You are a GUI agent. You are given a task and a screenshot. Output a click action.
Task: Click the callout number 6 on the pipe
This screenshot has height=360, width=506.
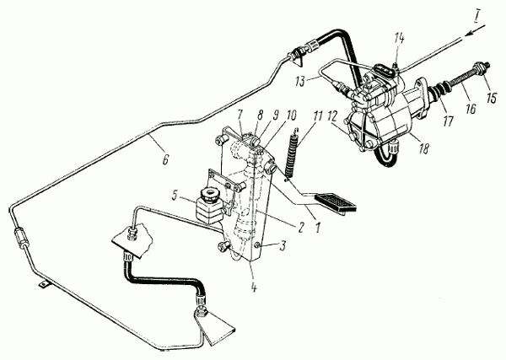pos(166,159)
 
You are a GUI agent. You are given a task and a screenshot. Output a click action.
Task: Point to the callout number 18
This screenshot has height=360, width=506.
pos(424,148)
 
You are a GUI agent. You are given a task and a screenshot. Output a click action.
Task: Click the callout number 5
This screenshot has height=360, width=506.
pos(175,196)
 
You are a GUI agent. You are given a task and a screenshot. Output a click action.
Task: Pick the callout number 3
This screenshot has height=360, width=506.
pos(283,246)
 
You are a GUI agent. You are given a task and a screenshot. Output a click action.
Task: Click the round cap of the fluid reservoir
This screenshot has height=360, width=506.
pos(208,194)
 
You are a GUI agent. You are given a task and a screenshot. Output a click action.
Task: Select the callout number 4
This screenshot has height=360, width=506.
pos(254,287)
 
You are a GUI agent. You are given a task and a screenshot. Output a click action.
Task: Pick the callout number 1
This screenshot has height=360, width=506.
pos(317,228)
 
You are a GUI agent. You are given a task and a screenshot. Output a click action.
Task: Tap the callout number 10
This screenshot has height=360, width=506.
pos(290,116)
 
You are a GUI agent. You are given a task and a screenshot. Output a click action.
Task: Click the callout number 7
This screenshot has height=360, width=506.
pos(240,115)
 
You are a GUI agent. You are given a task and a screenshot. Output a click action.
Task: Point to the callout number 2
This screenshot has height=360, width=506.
pos(300,228)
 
